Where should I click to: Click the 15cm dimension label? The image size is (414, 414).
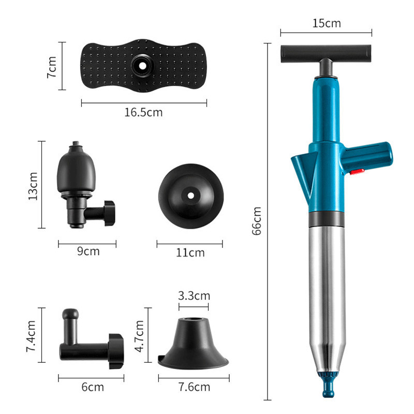pos(327,23)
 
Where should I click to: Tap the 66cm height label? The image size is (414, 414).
pos(256,221)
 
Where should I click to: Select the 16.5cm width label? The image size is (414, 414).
pos(143,112)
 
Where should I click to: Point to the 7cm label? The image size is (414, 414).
pos(52,67)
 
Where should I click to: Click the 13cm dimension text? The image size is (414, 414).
pos(33,186)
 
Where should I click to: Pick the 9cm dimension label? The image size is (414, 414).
pos(88,251)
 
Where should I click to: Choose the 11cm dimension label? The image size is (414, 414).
pos(190,253)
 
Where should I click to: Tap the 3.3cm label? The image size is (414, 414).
pos(194,295)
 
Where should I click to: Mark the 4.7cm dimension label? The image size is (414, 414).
pos(139,336)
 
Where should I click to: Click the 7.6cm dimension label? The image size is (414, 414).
pos(195,387)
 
